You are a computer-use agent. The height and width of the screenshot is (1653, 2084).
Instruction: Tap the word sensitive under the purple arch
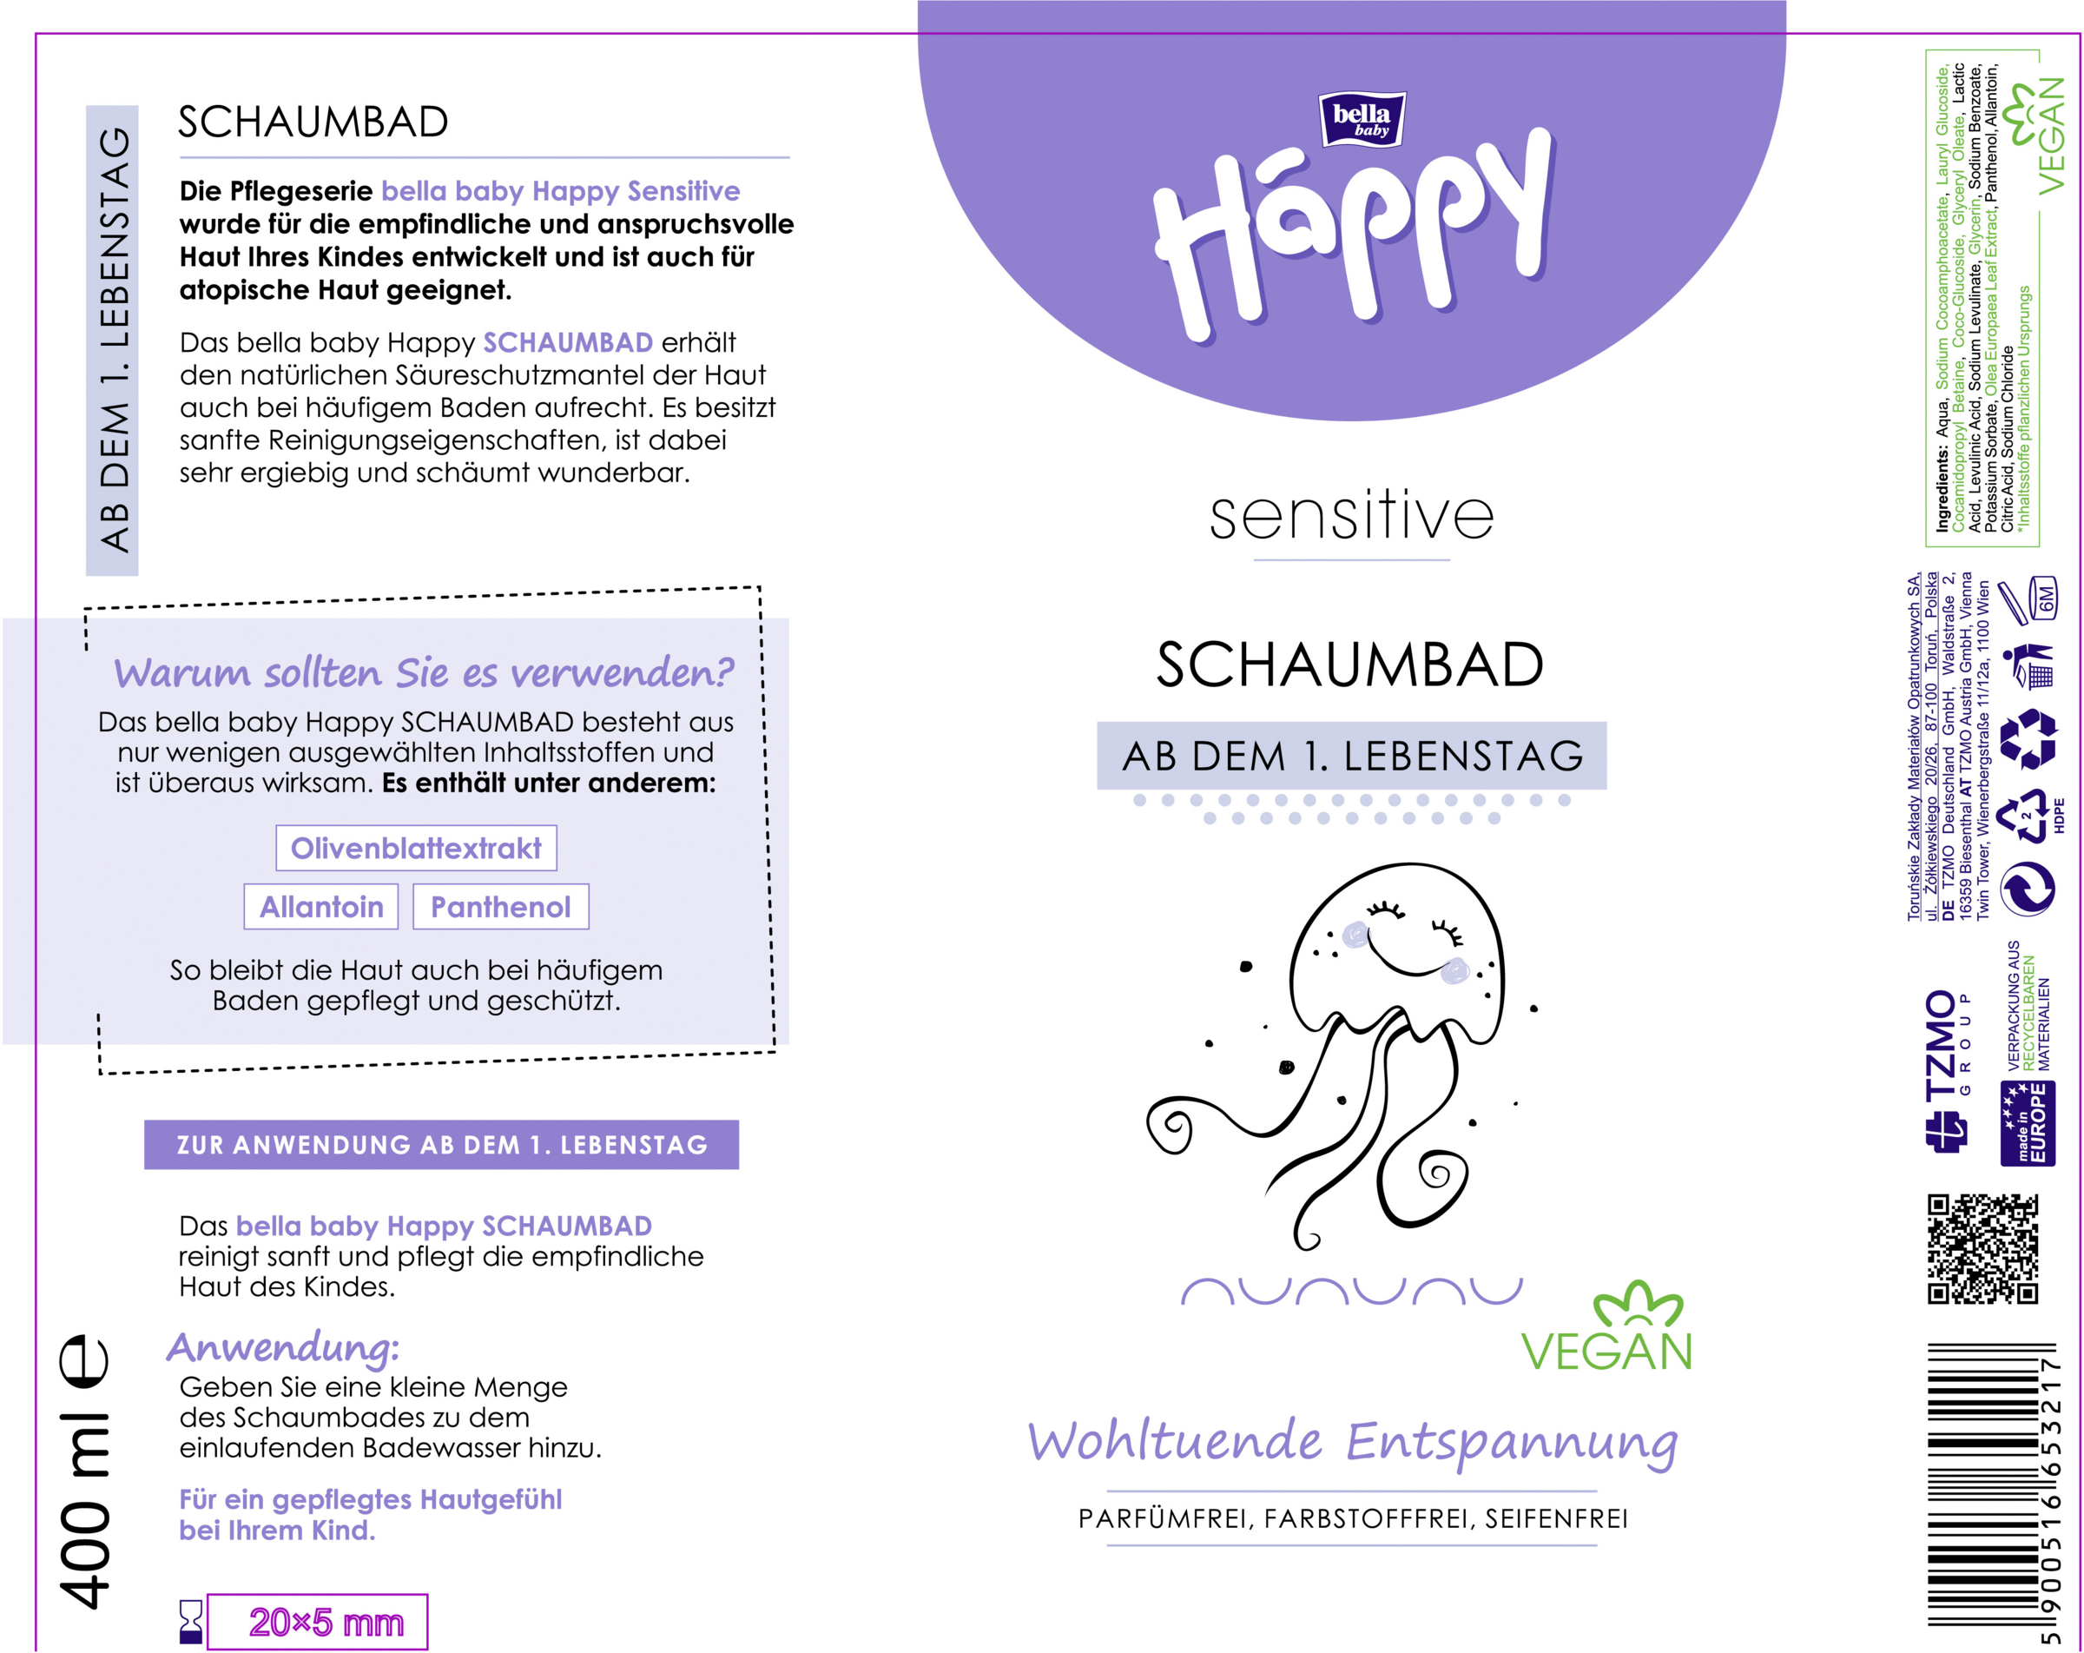pyautogui.click(x=1351, y=516)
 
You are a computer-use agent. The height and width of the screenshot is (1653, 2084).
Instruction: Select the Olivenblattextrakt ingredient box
pyautogui.click(x=416, y=848)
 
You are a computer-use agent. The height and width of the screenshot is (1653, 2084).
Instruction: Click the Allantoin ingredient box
pyautogui.click(x=321, y=907)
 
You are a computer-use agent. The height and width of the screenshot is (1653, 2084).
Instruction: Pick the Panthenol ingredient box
pyautogui.click(x=501, y=907)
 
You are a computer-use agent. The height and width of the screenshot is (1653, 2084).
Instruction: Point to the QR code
pyautogui.click(x=1982, y=1249)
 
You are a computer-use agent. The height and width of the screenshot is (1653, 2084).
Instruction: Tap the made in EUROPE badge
pyautogui.click(x=2028, y=1123)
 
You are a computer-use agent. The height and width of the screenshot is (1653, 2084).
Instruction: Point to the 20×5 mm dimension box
pyautogui.click(x=318, y=1622)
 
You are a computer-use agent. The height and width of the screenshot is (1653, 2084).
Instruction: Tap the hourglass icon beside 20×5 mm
pyautogui.click(x=191, y=1621)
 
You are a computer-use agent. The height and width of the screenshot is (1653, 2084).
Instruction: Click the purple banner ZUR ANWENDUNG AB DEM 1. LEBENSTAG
pyautogui.click(x=442, y=1145)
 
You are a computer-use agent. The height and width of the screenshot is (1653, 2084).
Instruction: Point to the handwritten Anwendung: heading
pyautogui.click(x=283, y=1346)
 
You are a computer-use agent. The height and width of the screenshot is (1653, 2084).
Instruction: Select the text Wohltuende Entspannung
pyautogui.click(x=1352, y=1442)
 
